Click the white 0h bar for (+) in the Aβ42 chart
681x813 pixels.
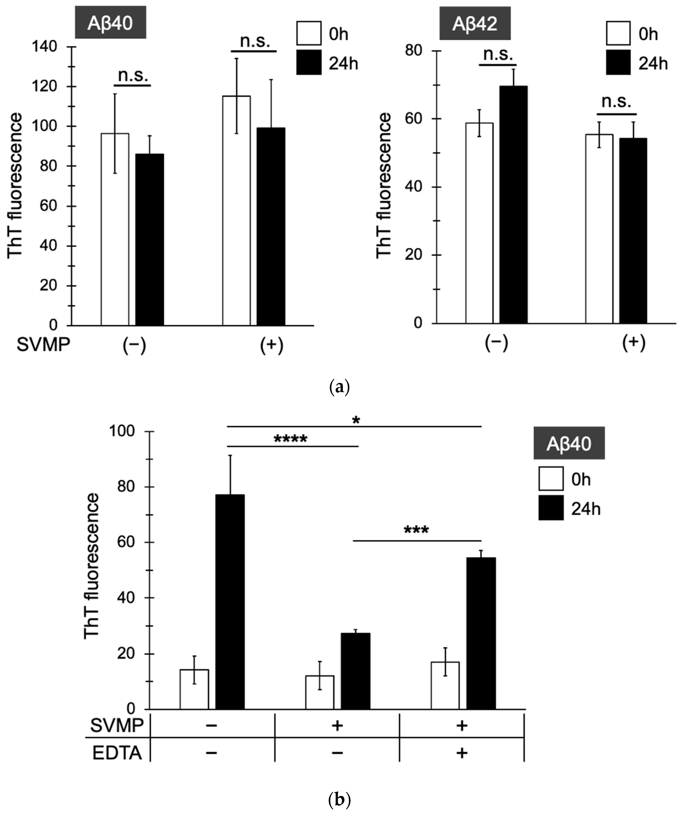point(599,229)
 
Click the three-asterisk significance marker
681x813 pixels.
point(416,530)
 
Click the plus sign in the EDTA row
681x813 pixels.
point(461,753)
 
